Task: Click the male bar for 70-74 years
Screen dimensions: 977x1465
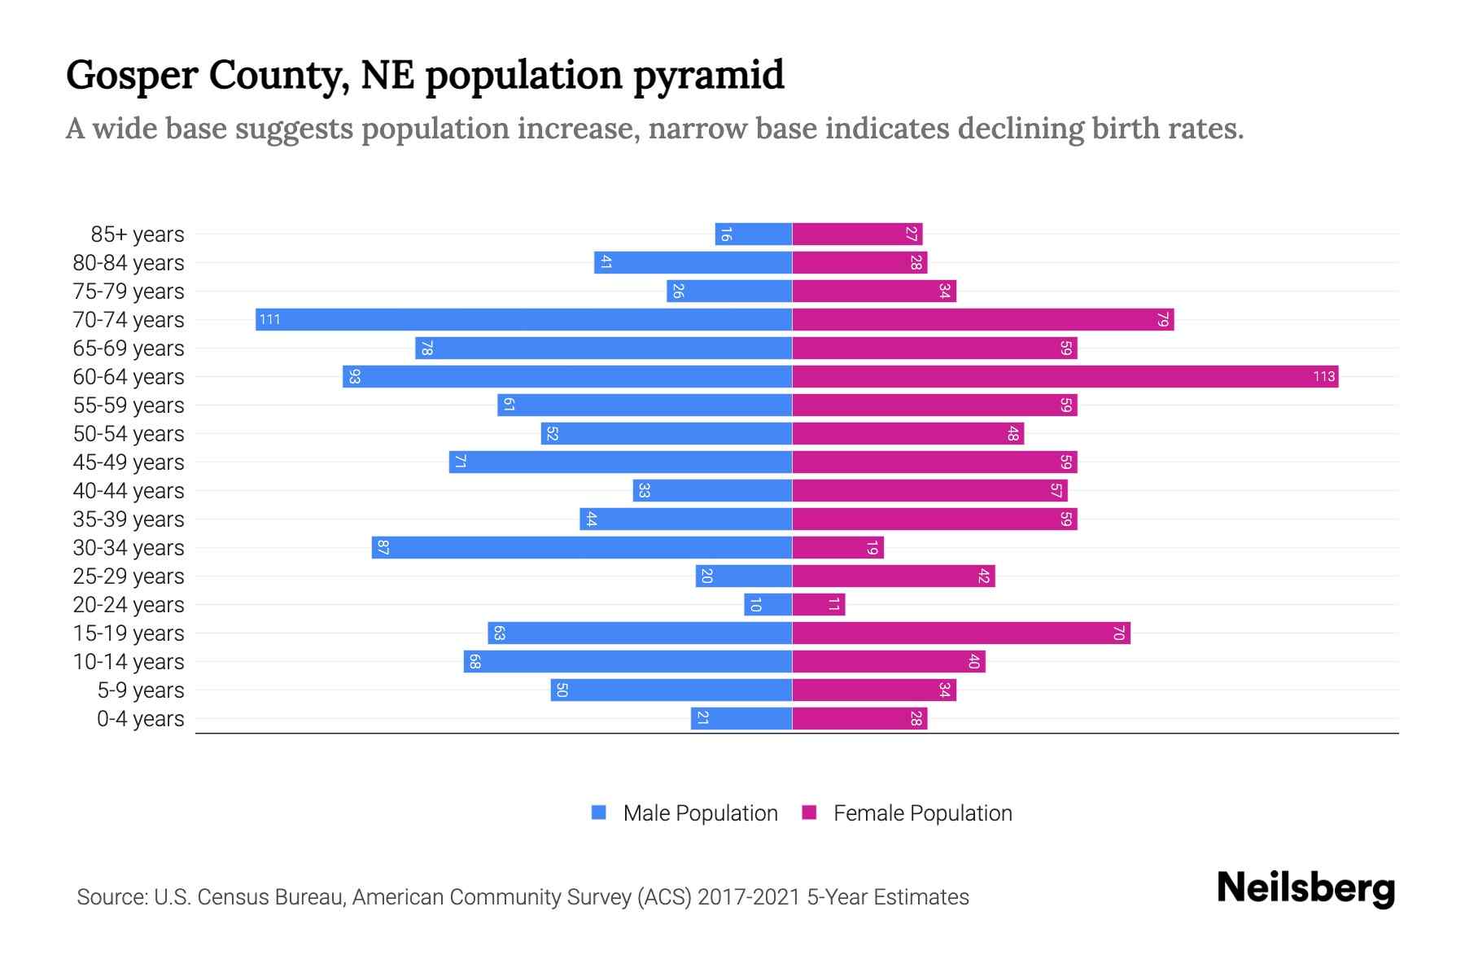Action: click(x=523, y=319)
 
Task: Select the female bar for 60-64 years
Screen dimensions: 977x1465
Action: click(x=1065, y=376)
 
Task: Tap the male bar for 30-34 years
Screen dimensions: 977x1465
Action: click(x=582, y=547)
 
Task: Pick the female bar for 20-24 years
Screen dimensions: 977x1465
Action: click(x=818, y=604)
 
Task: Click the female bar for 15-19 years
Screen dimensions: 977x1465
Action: click(x=960, y=633)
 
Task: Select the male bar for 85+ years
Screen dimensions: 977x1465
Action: click(x=753, y=234)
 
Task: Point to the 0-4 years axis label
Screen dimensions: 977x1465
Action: click(x=140, y=719)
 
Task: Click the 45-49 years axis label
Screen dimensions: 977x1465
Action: click(x=129, y=462)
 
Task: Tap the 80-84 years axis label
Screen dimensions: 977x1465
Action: click(x=129, y=263)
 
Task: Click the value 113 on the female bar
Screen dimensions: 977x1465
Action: click(x=1323, y=376)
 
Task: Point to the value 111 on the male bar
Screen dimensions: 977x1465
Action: click(x=269, y=319)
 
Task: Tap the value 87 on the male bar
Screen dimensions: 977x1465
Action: click(x=383, y=547)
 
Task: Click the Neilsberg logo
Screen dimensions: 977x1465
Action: click(x=1305, y=888)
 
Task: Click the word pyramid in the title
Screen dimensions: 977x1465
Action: click(x=708, y=76)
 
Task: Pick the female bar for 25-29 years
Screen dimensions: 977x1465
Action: click(x=893, y=576)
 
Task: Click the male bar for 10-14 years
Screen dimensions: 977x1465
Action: click(x=628, y=661)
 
